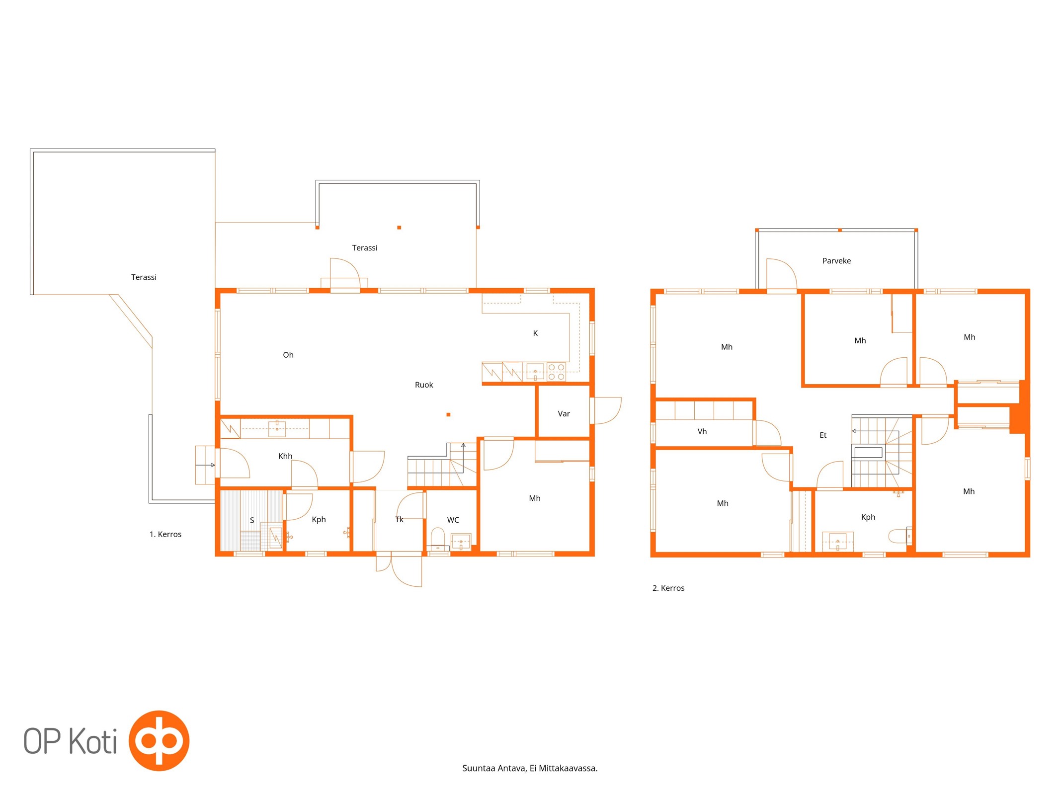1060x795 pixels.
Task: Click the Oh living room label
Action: point(288,355)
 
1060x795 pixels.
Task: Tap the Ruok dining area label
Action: point(424,385)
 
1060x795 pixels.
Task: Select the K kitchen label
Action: point(535,333)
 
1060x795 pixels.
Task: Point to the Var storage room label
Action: point(564,413)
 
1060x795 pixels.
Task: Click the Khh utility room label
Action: point(285,456)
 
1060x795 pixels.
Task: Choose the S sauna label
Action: point(252,520)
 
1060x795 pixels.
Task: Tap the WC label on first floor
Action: point(453,520)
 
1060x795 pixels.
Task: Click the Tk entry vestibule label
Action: point(399,519)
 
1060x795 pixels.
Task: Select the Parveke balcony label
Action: point(836,261)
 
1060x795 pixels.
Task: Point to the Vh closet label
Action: point(702,431)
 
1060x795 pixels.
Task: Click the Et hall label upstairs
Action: point(823,435)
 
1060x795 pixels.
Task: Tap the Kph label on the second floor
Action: point(868,517)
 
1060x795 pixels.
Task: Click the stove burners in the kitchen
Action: point(556,372)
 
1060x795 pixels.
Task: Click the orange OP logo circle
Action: point(159,740)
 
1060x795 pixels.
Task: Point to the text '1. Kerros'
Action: point(165,534)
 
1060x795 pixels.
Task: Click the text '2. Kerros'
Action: point(668,588)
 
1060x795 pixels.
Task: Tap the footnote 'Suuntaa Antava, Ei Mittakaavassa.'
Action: point(530,768)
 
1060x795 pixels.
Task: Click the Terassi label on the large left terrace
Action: point(144,277)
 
